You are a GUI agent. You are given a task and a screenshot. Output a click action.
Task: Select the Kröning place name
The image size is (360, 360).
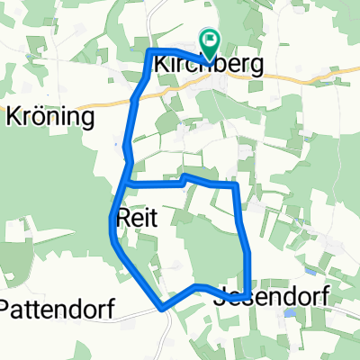coord(51,117)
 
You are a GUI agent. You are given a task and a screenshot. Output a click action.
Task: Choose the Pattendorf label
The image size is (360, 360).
coord(57,309)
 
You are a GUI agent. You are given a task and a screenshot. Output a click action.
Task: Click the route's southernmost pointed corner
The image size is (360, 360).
coord(163,308)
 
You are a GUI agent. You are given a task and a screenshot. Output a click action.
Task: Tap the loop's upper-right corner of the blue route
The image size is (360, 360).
coord(236,185)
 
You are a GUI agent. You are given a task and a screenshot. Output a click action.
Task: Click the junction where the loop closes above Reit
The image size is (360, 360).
coord(128,184)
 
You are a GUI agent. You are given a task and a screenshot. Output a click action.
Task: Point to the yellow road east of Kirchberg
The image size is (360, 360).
coord(297,80)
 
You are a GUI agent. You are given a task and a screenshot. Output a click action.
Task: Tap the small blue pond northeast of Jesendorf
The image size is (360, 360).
coord(310,270)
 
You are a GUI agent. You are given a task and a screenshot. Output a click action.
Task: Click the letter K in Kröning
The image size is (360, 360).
coord(14,117)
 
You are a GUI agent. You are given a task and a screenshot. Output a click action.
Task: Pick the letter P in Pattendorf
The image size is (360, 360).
coord(7,309)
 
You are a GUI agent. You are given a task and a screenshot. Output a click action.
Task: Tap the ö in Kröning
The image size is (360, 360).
coord(40,117)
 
